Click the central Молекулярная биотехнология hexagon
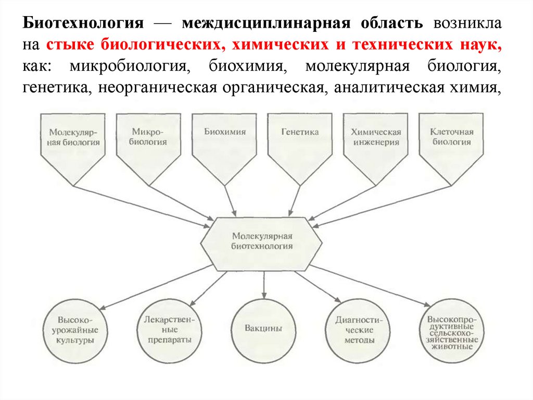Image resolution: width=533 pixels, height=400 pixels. pyautogui.click(x=262, y=240)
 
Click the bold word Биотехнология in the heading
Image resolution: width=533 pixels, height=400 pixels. pyautogui.click(x=82, y=24)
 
